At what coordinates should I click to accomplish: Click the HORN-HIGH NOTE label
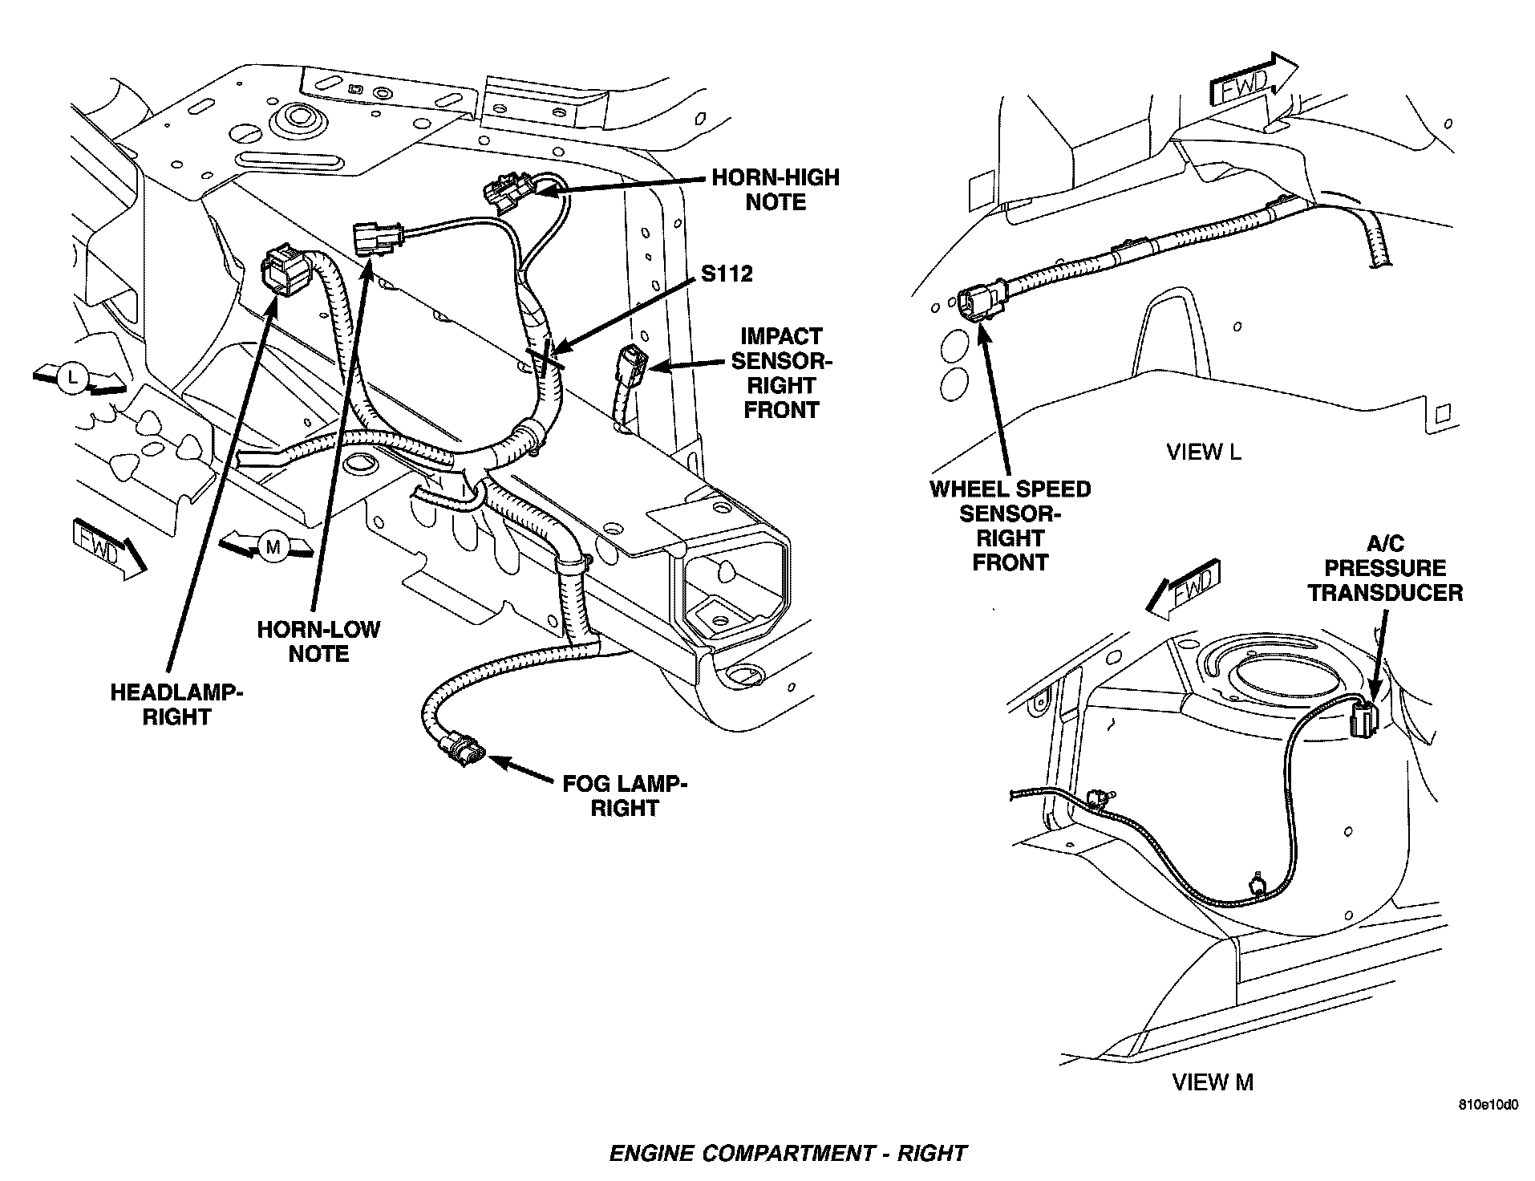[x=775, y=189]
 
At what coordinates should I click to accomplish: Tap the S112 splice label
[x=727, y=274]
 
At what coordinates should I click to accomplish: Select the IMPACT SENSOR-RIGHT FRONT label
[x=781, y=373]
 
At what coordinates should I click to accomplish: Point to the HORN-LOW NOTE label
[x=318, y=641]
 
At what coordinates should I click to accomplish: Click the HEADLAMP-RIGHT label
[x=176, y=704]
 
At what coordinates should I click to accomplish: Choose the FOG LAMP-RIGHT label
[x=624, y=795]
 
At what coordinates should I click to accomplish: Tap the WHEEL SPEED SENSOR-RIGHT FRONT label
[x=1010, y=526]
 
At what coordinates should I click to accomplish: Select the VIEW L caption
[x=1203, y=453]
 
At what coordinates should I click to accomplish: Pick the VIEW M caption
[x=1212, y=1082]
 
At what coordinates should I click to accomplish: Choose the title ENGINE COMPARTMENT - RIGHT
[x=788, y=1154]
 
